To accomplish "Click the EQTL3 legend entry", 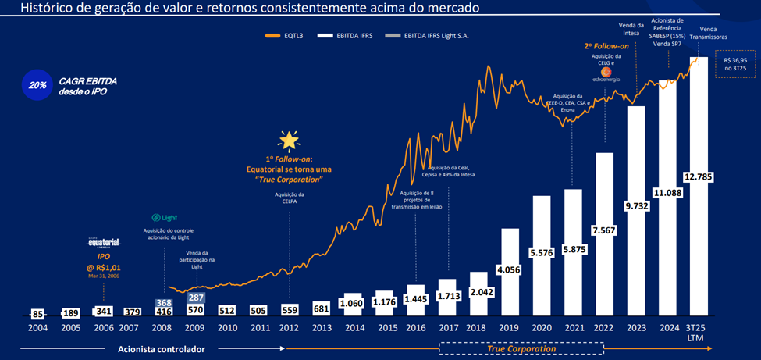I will tap(287, 36).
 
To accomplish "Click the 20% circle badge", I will tap(37, 86).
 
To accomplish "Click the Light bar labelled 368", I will tap(163, 303).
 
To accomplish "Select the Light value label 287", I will tap(195, 298).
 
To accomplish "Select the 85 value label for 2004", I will tap(37, 315).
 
